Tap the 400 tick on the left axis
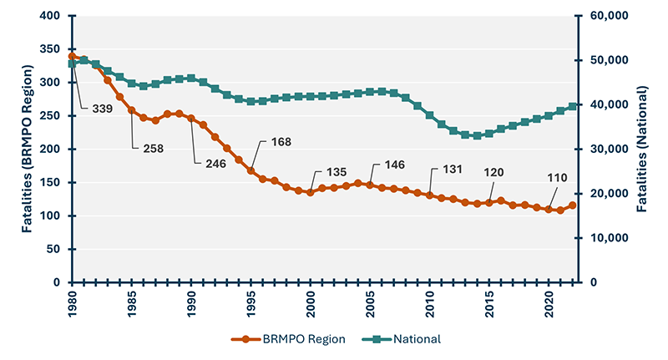point(49,16)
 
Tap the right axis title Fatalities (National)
point(644,149)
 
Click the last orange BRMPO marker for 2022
point(572,205)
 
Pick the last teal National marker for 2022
point(572,106)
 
